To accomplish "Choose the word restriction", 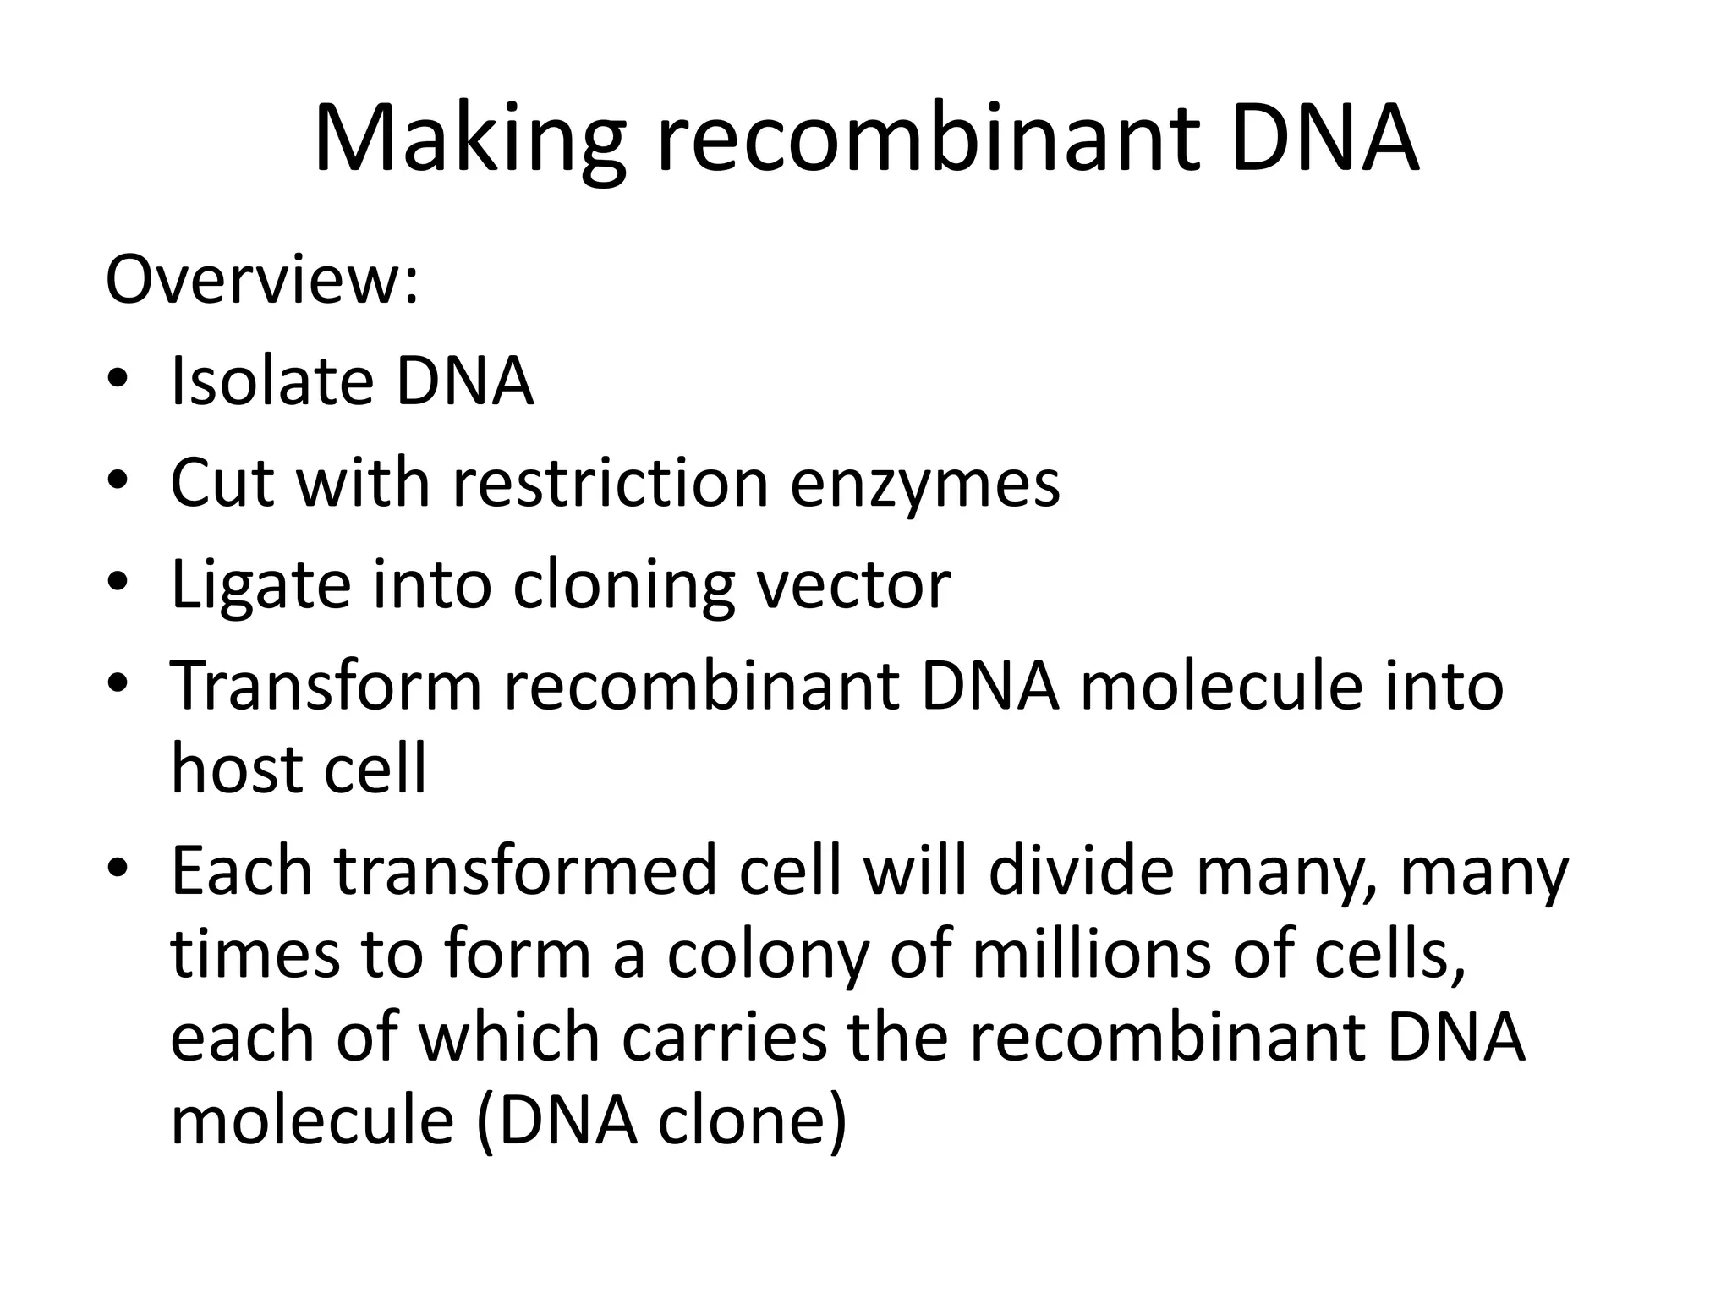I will (x=611, y=483).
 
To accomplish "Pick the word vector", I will (x=853, y=584).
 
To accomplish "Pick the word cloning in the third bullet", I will (x=623, y=586).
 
